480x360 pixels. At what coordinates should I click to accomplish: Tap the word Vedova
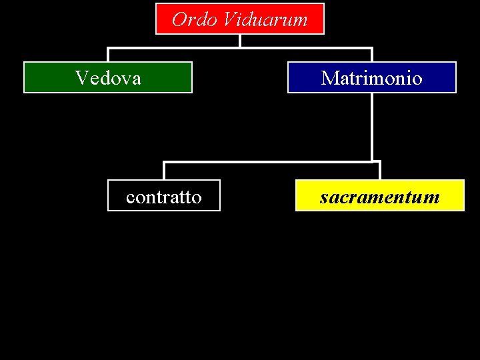[108, 78]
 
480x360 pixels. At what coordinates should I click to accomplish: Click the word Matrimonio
[371, 78]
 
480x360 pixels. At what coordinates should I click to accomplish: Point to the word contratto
[163, 197]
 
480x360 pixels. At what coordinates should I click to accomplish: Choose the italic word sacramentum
[379, 197]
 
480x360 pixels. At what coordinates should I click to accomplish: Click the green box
[40, 78]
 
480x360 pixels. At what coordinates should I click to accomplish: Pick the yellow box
[453, 197]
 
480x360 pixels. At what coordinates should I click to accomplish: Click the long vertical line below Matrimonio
[371, 127]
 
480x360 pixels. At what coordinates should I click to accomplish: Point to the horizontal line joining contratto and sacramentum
[267, 161]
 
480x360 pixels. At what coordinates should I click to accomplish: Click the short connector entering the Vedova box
[108, 55]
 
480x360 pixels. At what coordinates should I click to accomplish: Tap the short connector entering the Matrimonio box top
[371, 55]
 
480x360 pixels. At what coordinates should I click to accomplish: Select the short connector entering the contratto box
[164, 171]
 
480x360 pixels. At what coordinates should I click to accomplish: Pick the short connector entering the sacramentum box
[379, 171]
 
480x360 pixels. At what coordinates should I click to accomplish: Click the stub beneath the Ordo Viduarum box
[240, 41]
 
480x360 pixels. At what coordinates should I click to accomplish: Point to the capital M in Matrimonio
[329, 78]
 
